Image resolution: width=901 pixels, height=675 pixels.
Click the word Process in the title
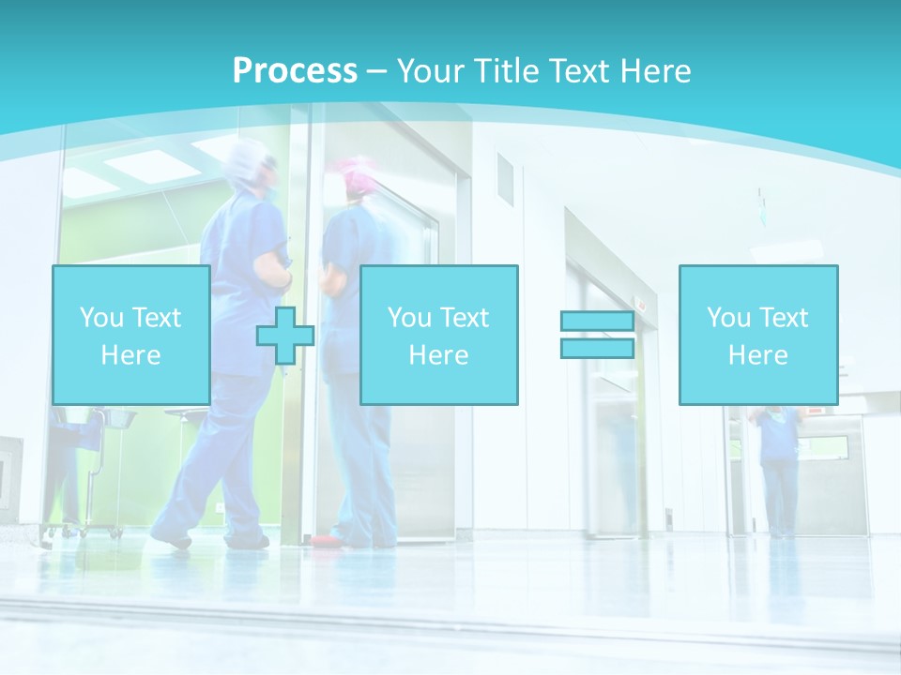coord(295,71)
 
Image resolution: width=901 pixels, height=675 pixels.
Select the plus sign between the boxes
coord(285,336)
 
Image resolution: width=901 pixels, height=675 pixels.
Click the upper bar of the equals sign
coord(597,321)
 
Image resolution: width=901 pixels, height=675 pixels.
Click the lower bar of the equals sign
coord(597,348)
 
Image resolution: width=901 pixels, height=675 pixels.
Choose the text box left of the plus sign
coord(130,335)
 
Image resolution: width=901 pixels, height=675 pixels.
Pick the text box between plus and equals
coord(438,335)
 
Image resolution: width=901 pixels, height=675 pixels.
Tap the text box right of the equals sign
coord(757,335)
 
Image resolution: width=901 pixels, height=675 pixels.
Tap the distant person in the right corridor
coord(777,469)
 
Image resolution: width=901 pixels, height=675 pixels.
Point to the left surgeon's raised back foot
coord(172,539)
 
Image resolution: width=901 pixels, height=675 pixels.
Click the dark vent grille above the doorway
coord(505,179)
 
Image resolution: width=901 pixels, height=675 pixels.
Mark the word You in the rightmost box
coord(727,318)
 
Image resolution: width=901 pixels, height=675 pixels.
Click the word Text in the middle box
coord(465,318)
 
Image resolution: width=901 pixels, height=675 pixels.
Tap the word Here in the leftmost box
coord(130,355)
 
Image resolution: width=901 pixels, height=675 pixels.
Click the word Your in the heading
coord(429,71)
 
